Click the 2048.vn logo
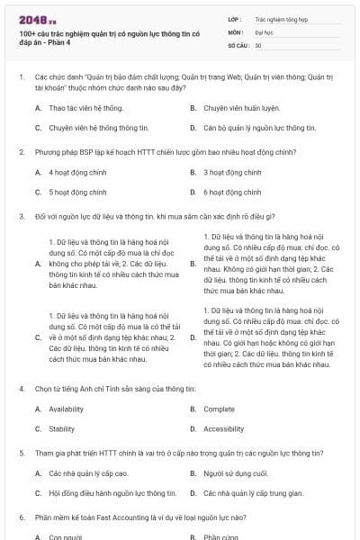tap(32, 18)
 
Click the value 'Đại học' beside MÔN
tap(264, 31)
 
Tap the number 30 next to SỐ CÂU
tap(258, 44)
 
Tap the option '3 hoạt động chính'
tap(232, 172)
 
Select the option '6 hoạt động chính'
tap(232, 192)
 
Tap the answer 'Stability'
tap(62, 428)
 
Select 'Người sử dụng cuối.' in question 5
tap(236, 472)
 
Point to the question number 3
tap(21, 216)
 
